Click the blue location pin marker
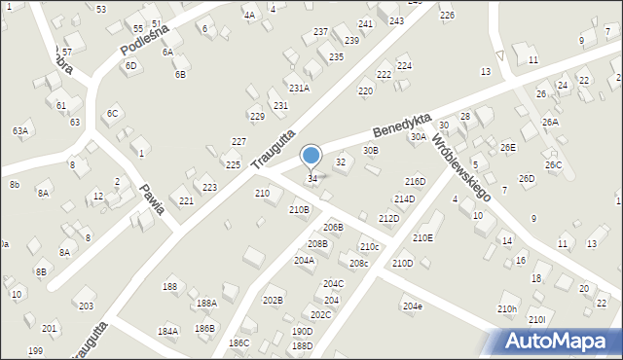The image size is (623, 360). click(311, 157)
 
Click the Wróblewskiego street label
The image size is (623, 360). click(460, 164)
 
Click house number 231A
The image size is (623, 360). click(298, 88)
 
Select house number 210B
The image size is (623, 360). click(299, 209)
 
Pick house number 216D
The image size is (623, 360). click(415, 181)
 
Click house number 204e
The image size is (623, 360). click(413, 306)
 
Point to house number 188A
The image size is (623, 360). click(206, 304)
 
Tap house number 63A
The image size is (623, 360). click(20, 130)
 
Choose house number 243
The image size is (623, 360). click(396, 20)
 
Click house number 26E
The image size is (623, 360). click(507, 147)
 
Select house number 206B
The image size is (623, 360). click(333, 227)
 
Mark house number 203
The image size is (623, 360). click(86, 306)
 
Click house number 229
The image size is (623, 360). click(257, 117)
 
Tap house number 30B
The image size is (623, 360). click(370, 150)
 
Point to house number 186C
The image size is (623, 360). click(238, 343)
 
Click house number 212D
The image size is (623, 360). click(388, 219)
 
